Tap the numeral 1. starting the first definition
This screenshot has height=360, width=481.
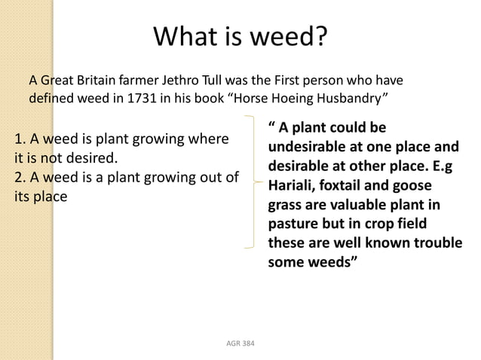pos(20,139)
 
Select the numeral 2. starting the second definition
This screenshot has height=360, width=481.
pos(20,178)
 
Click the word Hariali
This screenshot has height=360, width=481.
pos(293,185)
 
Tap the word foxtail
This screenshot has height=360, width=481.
pos(348,185)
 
